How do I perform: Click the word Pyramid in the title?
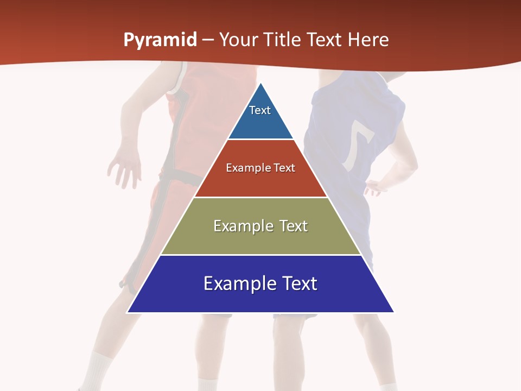(160, 40)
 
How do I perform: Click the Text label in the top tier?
(259, 110)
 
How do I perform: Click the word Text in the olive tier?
(293, 226)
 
